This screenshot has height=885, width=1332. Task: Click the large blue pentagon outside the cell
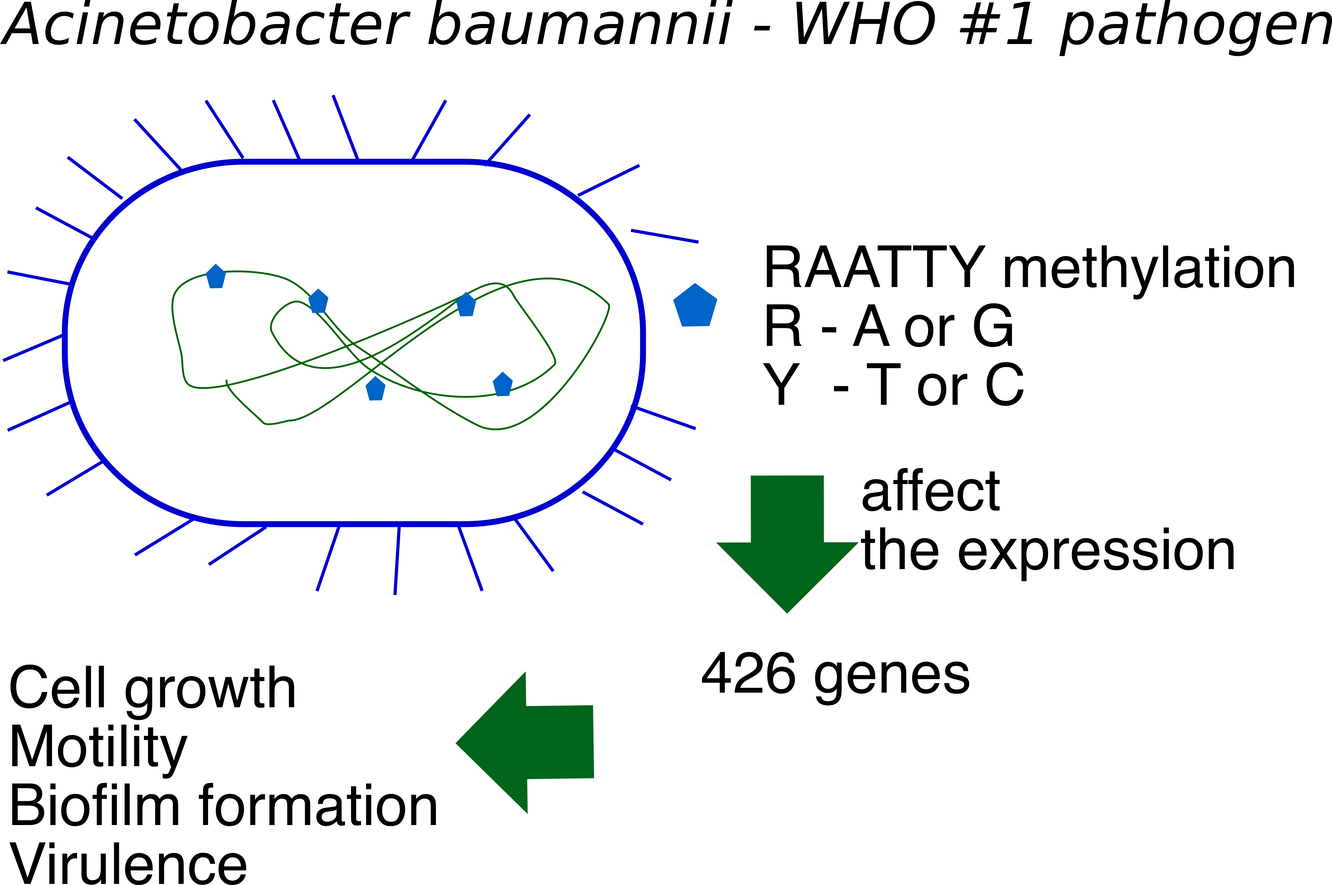695,306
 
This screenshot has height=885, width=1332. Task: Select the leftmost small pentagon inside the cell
216,277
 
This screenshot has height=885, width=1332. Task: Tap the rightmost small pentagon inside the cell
502,385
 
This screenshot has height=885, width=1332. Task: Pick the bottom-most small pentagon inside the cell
375,389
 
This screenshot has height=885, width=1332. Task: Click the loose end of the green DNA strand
226,381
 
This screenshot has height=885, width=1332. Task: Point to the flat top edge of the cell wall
355,162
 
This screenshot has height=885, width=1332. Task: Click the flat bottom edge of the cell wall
355,524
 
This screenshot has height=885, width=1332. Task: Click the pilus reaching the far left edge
33,348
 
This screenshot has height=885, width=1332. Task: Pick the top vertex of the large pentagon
695,284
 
